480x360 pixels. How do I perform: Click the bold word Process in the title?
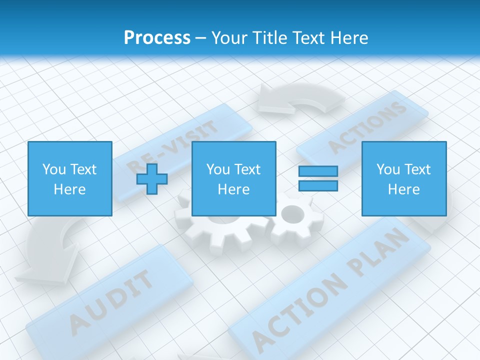tap(157, 37)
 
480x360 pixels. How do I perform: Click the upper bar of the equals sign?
tap(318, 171)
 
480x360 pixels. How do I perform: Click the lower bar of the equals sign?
tap(318, 186)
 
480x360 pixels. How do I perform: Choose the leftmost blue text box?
tap(69, 178)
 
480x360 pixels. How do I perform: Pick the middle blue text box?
tap(233, 178)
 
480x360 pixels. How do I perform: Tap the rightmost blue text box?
tap(403, 178)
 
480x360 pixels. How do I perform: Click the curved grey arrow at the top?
tap(300, 98)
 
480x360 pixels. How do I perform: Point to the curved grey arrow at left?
tap(50, 250)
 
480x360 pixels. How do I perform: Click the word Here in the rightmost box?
tap(403, 189)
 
